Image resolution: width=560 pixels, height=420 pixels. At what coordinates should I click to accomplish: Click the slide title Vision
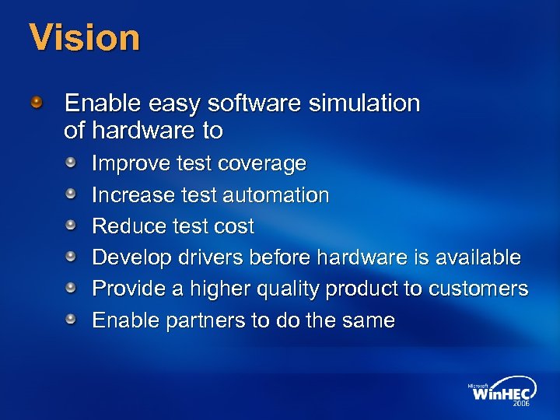[85, 37]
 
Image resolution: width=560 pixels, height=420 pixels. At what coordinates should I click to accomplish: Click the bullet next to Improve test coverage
[71, 163]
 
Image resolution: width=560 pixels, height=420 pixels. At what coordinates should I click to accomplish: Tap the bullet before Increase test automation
[71, 194]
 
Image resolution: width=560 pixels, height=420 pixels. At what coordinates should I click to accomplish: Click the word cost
[234, 226]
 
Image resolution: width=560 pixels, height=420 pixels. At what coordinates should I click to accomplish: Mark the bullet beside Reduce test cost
[71, 225]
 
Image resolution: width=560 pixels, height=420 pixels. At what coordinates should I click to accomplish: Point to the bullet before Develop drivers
[71, 256]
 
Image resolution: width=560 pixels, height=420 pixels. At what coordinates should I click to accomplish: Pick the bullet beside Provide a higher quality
[71, 287]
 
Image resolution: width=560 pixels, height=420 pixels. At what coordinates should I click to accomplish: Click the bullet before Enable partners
[71, 318]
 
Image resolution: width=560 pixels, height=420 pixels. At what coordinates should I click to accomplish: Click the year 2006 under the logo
[520, 404]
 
